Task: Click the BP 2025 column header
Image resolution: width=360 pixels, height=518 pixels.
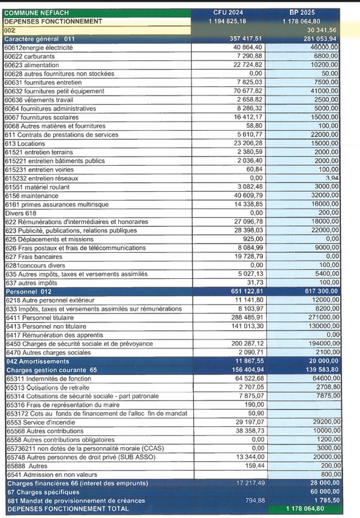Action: [x=302, y=13]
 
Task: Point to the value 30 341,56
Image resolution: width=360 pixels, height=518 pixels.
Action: [x=323, y=30]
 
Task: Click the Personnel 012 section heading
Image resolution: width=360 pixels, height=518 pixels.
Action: [x=29, y=292]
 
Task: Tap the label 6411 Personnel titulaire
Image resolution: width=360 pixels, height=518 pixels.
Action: [x=39, y=318]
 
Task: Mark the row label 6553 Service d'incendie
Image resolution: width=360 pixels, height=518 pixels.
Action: [x=40, y=422]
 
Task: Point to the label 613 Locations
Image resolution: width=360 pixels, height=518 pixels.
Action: [x=25, y=143]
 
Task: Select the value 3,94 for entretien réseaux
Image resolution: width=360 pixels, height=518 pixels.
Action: [x=332, y=178]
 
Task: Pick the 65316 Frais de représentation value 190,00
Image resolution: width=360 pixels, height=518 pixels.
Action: [x=254, y=405]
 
